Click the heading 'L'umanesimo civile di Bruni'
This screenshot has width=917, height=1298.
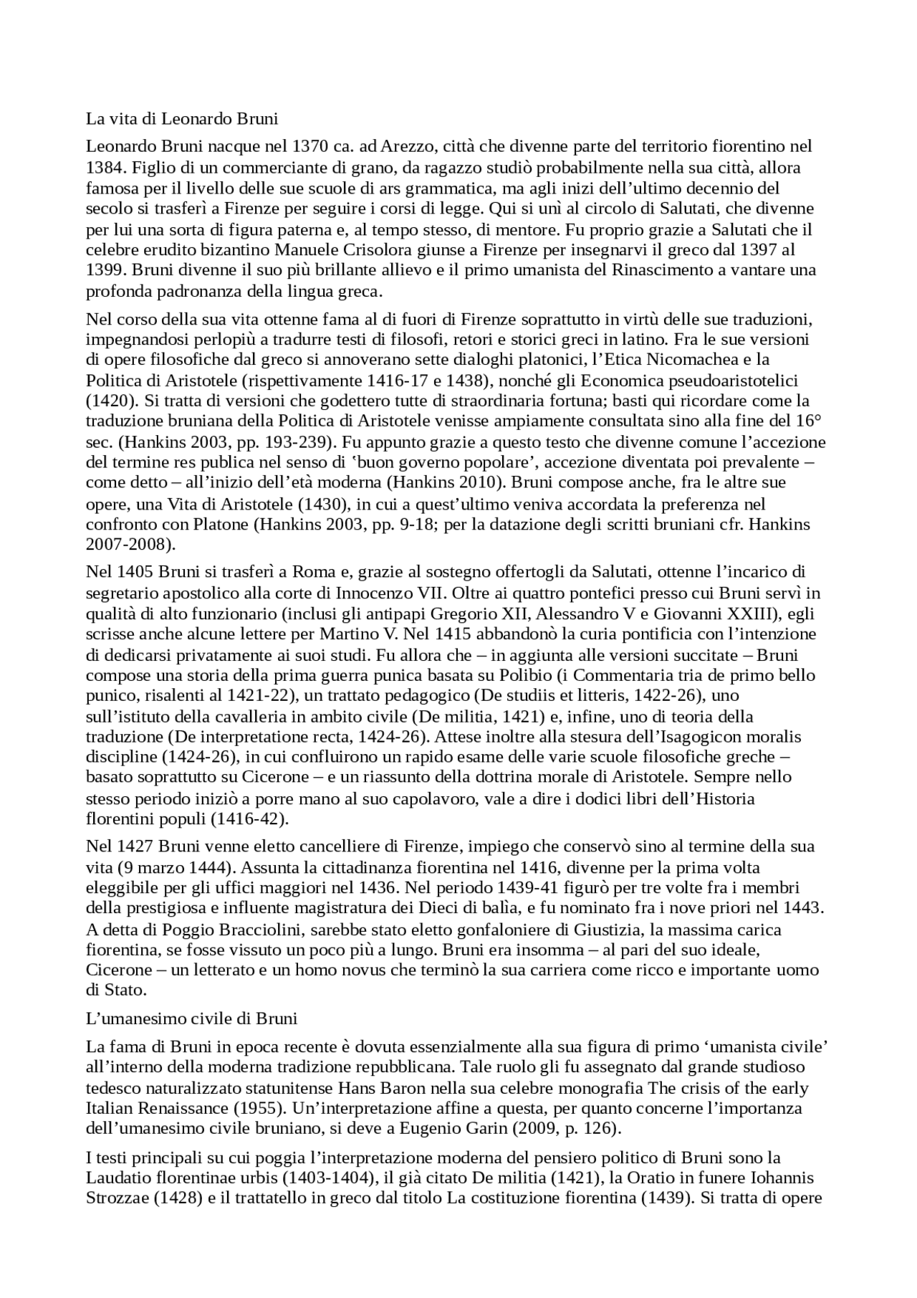click(x=191, y=1018)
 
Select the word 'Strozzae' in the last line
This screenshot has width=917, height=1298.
click(x=117, y=1198)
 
